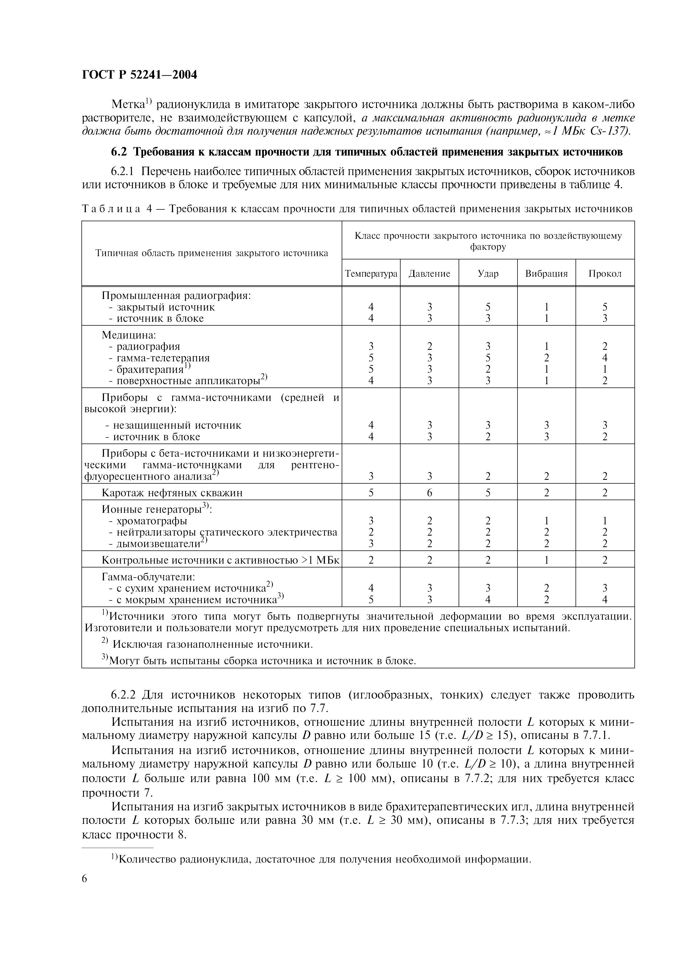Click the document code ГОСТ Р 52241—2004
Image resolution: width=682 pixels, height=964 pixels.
[x=139, y=75]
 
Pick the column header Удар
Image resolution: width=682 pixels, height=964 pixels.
[x=488, y=274]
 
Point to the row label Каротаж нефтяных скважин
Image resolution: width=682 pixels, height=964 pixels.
[x=172, y=492]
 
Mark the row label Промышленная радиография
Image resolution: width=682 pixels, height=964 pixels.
[x=176, y=296]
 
